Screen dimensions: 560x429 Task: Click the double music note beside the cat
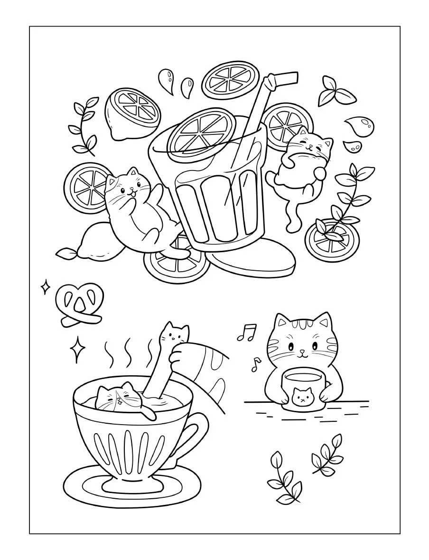247,332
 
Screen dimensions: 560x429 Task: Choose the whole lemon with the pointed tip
93,242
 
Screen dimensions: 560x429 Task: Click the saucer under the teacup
135,487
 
